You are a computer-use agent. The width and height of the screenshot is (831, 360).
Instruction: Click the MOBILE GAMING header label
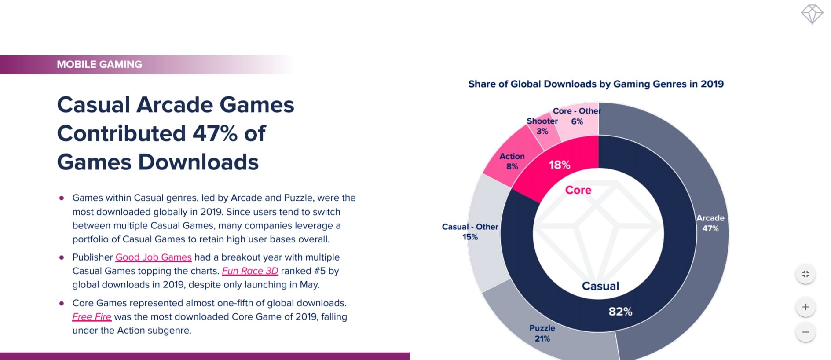point(99,65)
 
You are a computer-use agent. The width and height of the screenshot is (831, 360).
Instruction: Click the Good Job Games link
point(154,257)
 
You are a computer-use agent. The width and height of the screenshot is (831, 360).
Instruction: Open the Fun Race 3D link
point(250,271)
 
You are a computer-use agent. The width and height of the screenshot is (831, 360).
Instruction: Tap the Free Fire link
point(92,317)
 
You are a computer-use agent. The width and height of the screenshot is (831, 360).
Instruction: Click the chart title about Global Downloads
point(596,84)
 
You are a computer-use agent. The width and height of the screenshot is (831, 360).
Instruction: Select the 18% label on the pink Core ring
point(560,165)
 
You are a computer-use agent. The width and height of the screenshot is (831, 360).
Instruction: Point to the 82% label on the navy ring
point(620,312)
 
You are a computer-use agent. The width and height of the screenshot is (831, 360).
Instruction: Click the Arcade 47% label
point(710,223)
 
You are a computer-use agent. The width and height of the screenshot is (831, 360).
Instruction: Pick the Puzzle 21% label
point(542,333)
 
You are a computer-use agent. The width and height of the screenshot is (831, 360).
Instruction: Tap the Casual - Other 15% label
point(470,231)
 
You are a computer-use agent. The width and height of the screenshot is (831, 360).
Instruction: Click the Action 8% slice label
point(512,161)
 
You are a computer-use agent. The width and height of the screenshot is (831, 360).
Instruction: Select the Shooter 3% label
point(542,126)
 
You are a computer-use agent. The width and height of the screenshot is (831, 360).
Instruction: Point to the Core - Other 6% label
point(577,116)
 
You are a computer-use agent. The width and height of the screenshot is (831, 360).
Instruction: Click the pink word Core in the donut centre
point(578,190)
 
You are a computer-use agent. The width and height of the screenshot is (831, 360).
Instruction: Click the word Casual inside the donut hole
point(600,286)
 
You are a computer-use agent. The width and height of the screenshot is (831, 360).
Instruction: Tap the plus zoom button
point(805,307)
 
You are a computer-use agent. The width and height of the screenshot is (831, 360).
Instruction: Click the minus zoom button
point(805,332)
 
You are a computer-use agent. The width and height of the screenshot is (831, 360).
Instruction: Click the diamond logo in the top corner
point(812,14)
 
